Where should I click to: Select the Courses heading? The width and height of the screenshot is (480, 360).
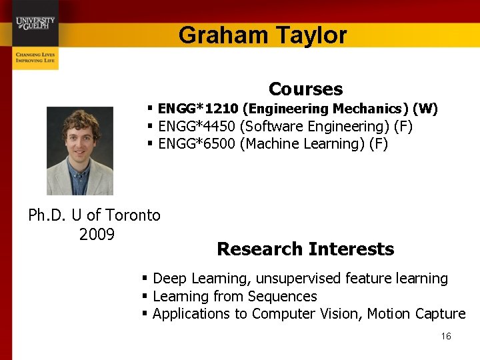point(305,89)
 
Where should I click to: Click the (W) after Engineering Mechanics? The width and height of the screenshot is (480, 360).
point(425,109)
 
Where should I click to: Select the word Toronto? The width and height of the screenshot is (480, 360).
point(133,215)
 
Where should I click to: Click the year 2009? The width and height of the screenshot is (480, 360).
point(97,234)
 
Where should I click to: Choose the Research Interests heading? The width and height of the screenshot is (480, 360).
point(305,249)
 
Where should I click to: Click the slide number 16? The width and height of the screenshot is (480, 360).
point(446,336)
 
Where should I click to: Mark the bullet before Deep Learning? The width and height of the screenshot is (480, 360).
point(145,278)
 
